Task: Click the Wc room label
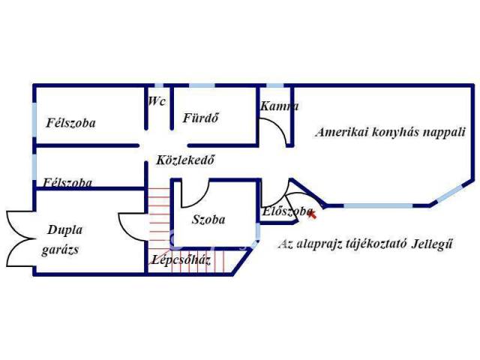pos(157,101)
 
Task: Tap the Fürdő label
pos(200,118)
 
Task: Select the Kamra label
pos(279,106)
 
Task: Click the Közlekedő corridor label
pos(185,160)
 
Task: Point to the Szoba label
pos(208,220)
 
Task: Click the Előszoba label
pos(287,211)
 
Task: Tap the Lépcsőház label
pos(181,260)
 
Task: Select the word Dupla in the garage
pos(65,230)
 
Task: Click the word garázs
pos(60,250)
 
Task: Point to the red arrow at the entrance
pos(312,214)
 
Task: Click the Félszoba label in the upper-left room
pos(70,123)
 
